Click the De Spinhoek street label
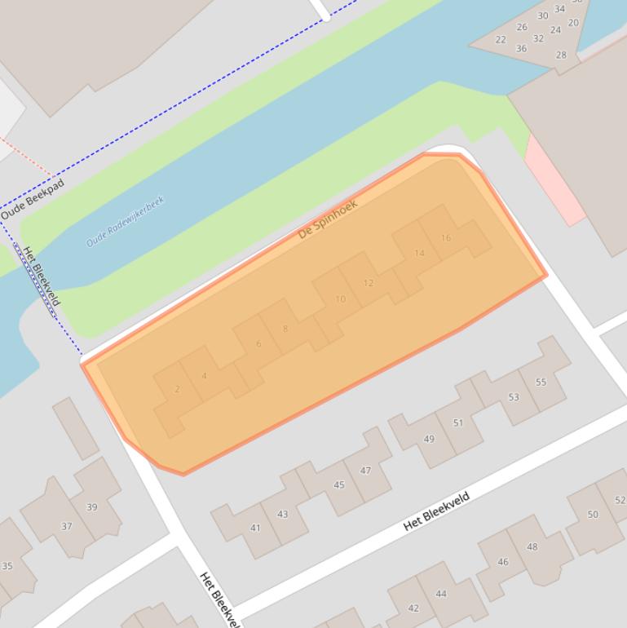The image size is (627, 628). coord(328,219)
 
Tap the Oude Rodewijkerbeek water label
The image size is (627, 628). coord(125,221)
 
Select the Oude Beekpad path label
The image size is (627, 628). coord(32,201)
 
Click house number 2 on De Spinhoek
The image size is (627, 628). coord(177,389)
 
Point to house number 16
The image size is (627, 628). coord(445,238)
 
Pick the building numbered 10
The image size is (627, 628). coord(340,299)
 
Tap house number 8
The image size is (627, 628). coord(285,329)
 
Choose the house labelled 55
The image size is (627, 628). coord(541,382)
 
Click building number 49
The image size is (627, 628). coord(429,439)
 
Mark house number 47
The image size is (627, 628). coord(365,471)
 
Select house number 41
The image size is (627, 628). coord(255,528)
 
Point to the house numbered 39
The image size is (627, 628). coord(92,506)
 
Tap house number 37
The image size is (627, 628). coord(67,526)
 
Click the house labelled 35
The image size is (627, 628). coord(7,565)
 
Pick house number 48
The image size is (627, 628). coord(532,546)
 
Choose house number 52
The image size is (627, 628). coord(620,501)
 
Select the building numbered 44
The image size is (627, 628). coord(441,594)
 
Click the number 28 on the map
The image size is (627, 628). coord(561,55)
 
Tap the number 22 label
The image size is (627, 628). coord(501,39)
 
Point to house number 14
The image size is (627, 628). coord(419,253)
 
